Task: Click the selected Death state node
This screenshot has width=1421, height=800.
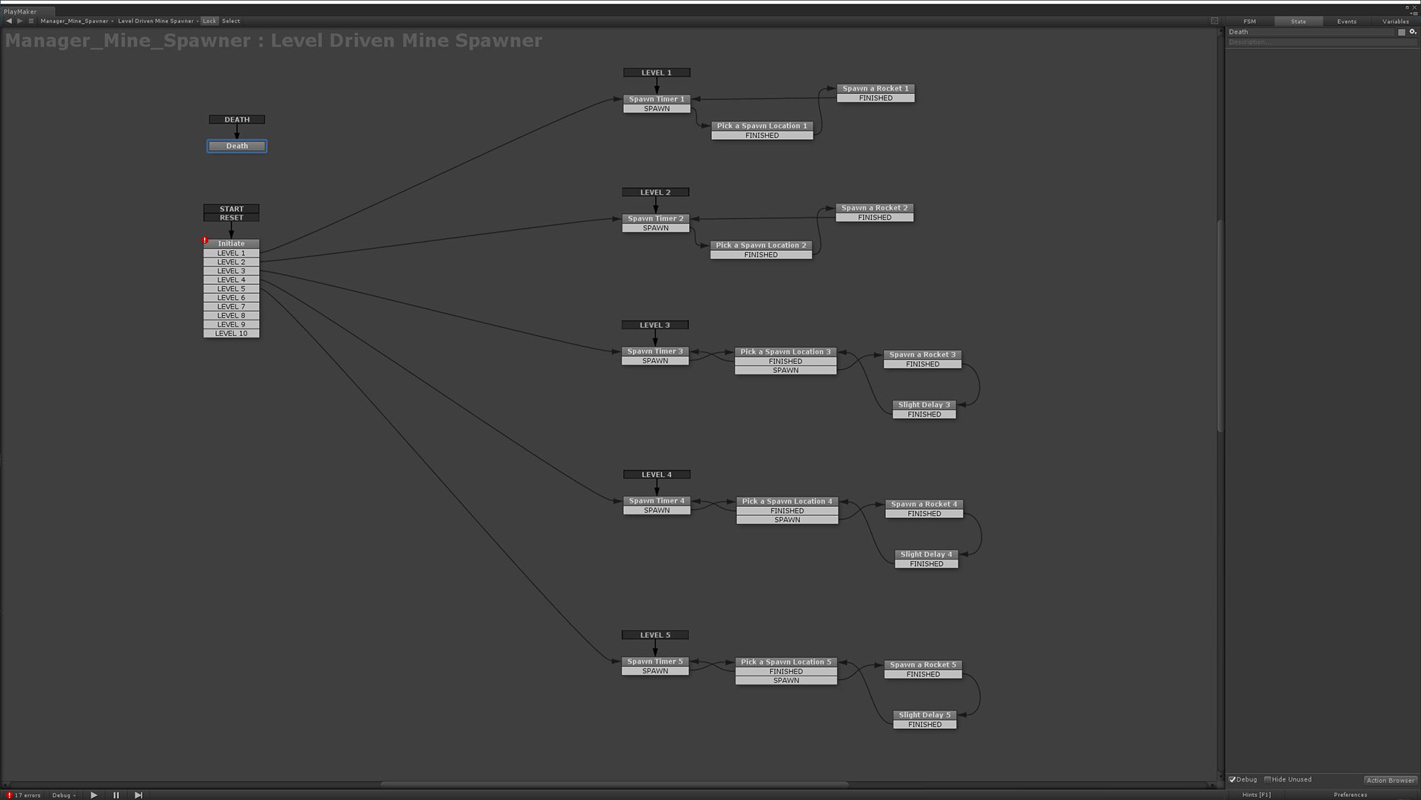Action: click(237, 147)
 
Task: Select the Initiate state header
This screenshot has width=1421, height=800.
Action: click(231, 243)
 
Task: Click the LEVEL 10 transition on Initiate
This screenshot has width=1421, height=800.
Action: click(231, 334)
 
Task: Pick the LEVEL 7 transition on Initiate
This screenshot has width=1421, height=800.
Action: click(231, 306)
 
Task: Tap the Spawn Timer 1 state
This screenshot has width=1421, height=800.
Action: click(656, 99)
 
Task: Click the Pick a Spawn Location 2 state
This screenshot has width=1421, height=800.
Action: click(761, 246)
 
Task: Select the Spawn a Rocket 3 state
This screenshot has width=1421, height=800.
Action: click(922, 355)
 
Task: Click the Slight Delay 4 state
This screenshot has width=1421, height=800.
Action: click(926, 554)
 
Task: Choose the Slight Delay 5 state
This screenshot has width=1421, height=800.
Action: click(924, 715)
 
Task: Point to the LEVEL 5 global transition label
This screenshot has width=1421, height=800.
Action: click(655, 635)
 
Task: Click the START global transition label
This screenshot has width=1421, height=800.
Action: click(231, 209)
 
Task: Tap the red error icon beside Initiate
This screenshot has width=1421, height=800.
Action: click(205, 241)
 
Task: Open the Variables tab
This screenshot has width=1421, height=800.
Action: click(1395, 21)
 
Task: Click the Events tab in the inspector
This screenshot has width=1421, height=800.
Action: click(1346, 21)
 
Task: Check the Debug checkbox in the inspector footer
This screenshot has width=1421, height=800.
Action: click(1233, 779)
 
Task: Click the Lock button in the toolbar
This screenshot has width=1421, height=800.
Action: click(209, 21)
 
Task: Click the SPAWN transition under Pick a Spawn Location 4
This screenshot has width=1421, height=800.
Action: click(787, 520)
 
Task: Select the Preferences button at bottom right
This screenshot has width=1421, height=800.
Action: click(1350, 795)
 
